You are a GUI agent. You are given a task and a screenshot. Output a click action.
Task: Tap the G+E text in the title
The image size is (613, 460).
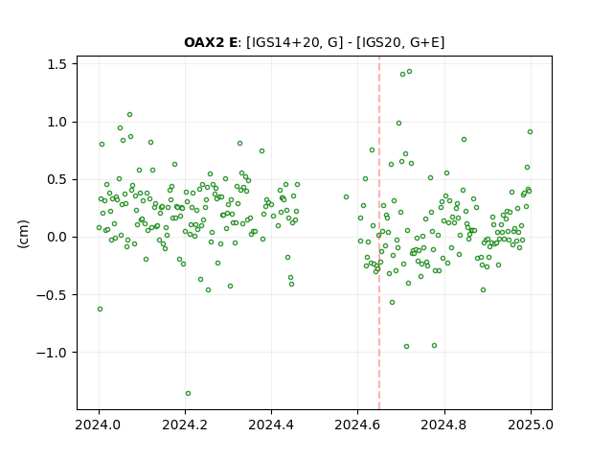pos(424,42)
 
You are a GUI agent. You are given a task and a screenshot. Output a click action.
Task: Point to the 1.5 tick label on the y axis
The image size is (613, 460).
pos(57,64)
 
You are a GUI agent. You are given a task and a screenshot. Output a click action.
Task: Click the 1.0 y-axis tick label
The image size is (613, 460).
pos(57,122)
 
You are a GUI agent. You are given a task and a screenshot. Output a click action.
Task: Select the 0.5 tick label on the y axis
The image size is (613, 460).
pos(57,179)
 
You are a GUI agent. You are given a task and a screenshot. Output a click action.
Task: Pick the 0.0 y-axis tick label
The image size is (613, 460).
pos(57,237)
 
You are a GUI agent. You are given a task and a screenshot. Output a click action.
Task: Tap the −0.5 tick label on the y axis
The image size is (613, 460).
pos(52,294)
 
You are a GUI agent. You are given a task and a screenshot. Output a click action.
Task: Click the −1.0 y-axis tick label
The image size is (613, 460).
pos(52,353)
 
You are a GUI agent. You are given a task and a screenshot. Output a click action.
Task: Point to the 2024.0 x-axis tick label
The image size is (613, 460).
pos(99,425)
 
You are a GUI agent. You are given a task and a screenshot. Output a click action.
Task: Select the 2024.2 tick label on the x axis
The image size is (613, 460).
pos(185,425)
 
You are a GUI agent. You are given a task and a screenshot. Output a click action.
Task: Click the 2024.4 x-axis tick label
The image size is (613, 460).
pos(271,425)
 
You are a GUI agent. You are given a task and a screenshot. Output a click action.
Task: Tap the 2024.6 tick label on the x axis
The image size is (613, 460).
pos(357,425)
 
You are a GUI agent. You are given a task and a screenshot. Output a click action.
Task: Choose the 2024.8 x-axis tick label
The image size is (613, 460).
pos(444,425)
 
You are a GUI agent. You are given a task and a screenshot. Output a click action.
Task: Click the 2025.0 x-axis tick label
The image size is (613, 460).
pos(531,425)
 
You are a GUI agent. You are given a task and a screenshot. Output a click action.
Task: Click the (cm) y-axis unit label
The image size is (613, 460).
pos(23,234)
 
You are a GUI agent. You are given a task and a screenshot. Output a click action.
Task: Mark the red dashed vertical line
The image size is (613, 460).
pos(379,233)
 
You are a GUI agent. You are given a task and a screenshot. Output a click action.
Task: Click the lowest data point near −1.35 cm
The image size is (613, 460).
pos(188,394)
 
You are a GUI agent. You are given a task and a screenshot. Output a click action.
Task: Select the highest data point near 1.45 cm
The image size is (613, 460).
pos(409,72)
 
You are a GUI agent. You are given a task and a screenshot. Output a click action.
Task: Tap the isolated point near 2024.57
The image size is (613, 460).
pos(346,197)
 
